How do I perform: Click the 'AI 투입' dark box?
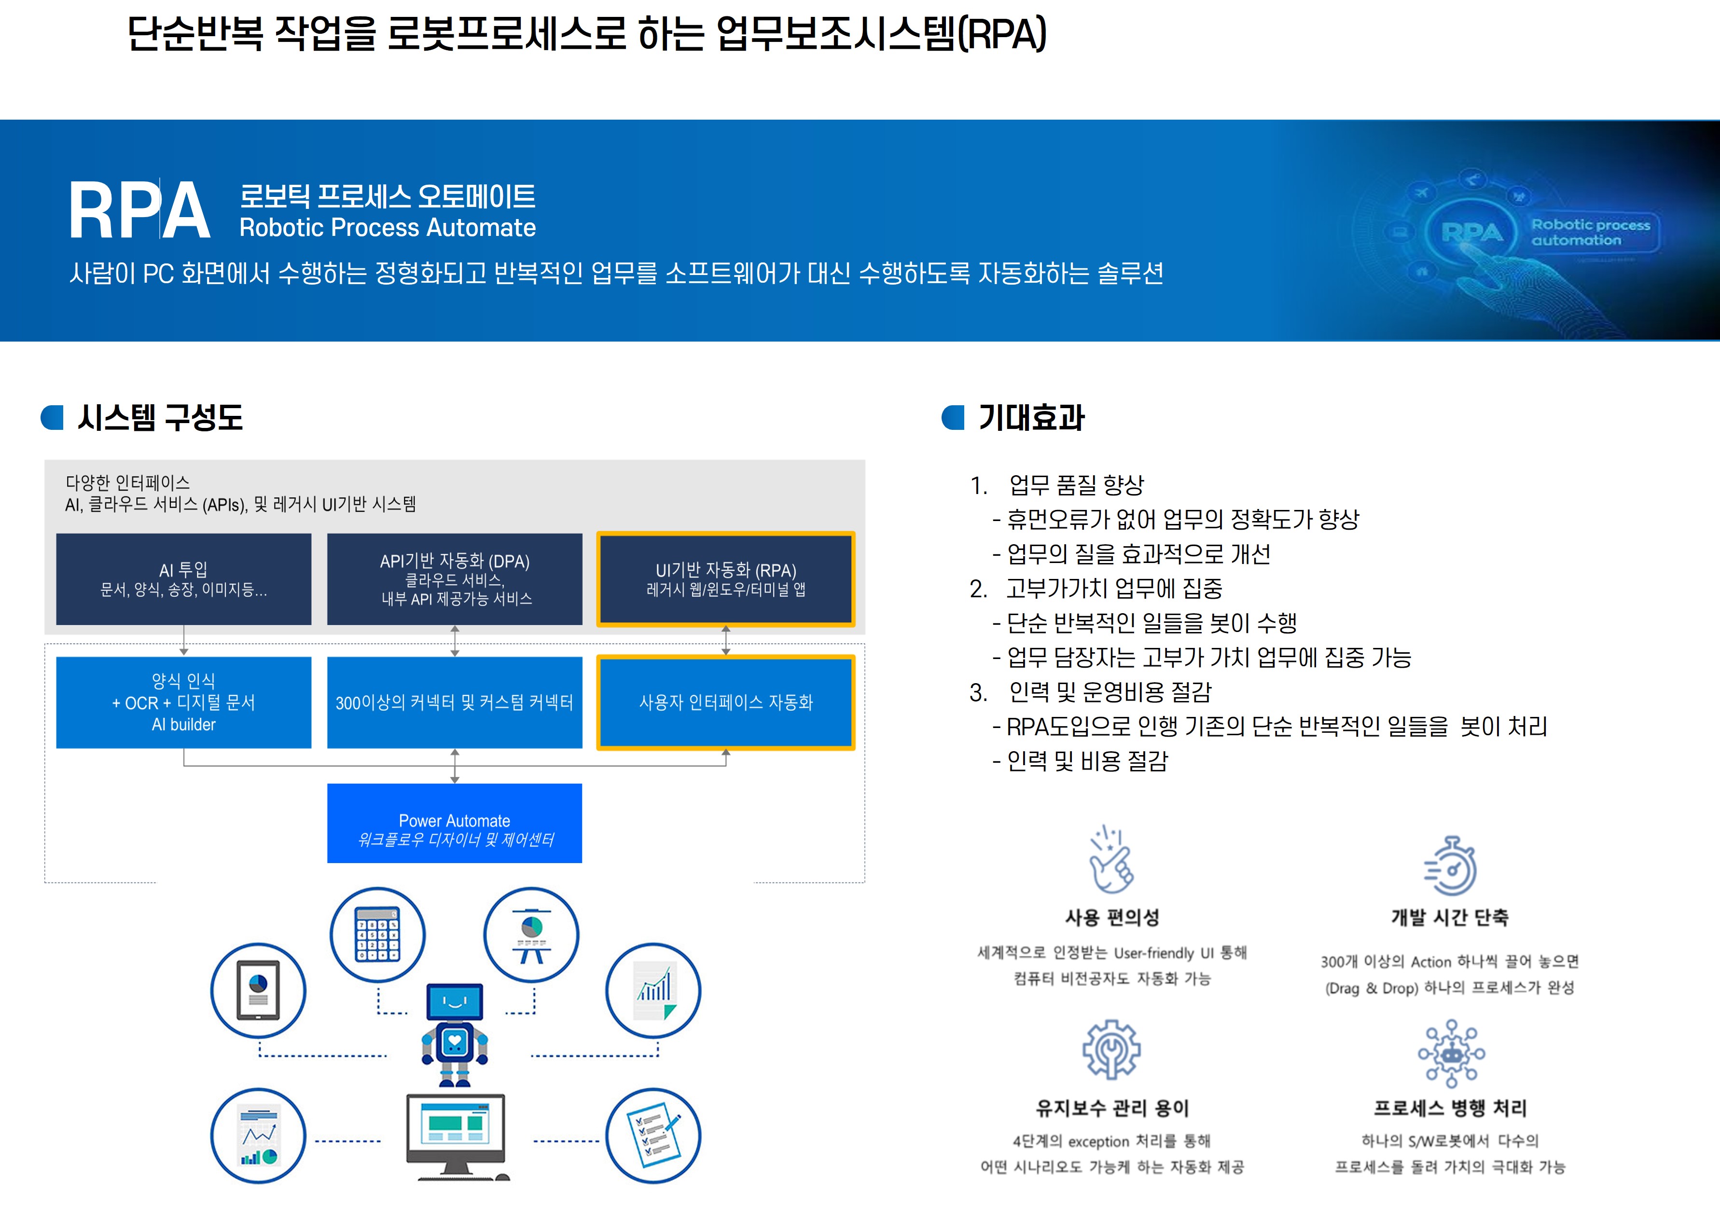(183, 579)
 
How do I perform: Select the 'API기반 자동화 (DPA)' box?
(455, 579)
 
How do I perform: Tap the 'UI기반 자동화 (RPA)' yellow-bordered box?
(725, 579)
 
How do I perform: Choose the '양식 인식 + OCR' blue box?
(183, 702)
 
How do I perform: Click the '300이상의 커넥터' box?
(455, 702)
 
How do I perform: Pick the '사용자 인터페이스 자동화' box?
(725, 702)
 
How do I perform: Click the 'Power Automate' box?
(455, 823)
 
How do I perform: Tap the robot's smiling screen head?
(455, 1002)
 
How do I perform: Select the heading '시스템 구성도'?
(160, 418)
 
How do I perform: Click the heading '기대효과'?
(1031, 418)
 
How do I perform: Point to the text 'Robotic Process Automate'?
(388, 228)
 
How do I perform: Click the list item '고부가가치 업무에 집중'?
(1114, 589)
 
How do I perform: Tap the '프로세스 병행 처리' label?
(1450, 1108)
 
